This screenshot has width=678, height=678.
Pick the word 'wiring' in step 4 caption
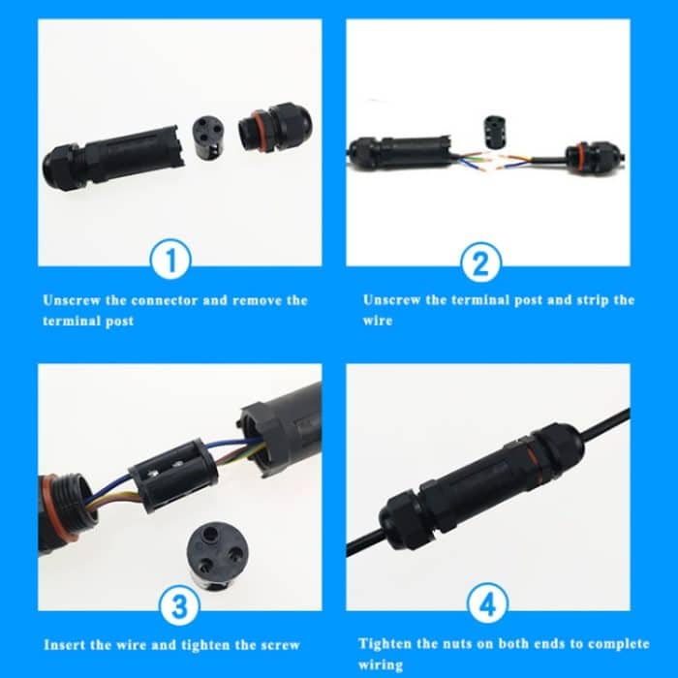pyautogui.click(x=381, y=664)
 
